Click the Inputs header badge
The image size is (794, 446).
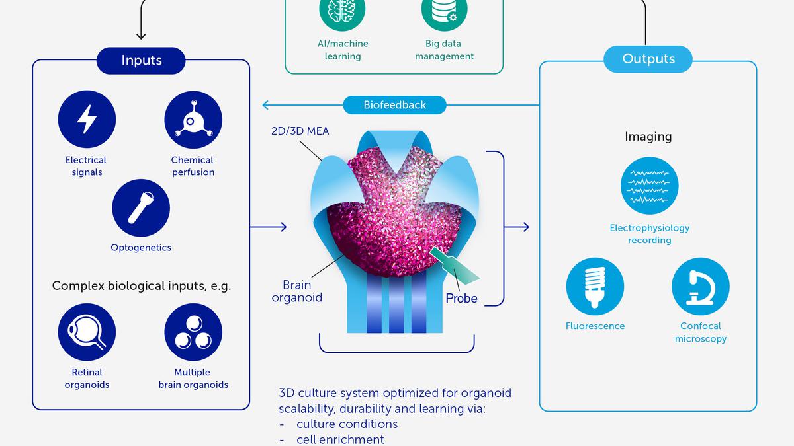(141, 60)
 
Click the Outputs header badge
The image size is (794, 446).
(648, 59)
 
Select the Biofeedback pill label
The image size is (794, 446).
(394, 104)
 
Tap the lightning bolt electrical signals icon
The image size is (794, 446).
(87, 120)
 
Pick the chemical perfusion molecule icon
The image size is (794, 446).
(193, 120)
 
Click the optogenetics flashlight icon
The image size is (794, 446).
(141, 207)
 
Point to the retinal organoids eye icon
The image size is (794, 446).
(87, 332)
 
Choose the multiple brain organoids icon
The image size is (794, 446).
(193, 332)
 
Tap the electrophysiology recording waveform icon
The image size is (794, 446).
(649, 186)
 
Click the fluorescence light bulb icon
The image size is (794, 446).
(595, 286)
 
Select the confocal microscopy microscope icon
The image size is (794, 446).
(700, 286)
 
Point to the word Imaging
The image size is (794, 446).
(648, 137)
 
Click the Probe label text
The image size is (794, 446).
(461, 298)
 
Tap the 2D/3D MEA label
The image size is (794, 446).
(300, 131)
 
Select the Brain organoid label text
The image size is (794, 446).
(297, 291)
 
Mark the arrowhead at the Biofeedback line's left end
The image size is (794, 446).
(266, 104)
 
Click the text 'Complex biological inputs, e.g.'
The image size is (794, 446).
(141, 286)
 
